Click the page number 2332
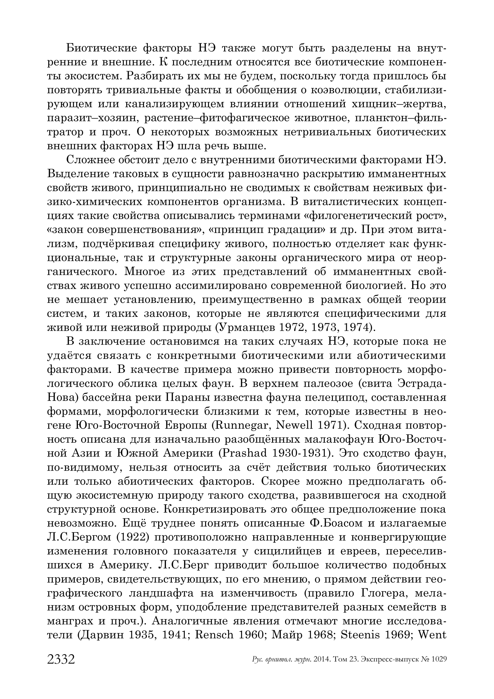(x=61, y=659)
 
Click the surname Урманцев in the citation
(x=248, y=328)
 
